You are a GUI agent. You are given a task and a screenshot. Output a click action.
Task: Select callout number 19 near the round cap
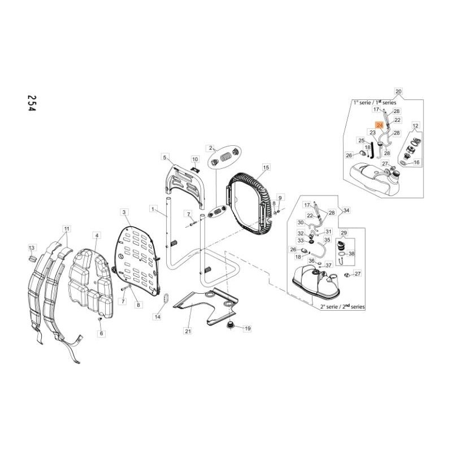coord(247,328)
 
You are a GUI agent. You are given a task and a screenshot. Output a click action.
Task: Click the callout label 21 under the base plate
coord(188,331)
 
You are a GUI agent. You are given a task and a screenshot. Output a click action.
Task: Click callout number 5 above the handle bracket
coord(165,157)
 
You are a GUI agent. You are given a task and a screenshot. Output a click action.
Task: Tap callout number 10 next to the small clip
coord(195,159)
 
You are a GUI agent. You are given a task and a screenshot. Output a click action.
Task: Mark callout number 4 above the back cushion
coord(97,235)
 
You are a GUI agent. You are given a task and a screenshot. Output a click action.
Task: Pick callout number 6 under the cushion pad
coord(102,334)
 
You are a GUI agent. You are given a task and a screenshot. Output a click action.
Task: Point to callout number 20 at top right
coord(399,91)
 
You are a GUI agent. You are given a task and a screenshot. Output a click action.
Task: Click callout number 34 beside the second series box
coord(346,210)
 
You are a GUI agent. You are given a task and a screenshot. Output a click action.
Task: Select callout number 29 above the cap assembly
coord(342,232)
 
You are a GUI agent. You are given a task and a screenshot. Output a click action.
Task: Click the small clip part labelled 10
coord(193,167)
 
